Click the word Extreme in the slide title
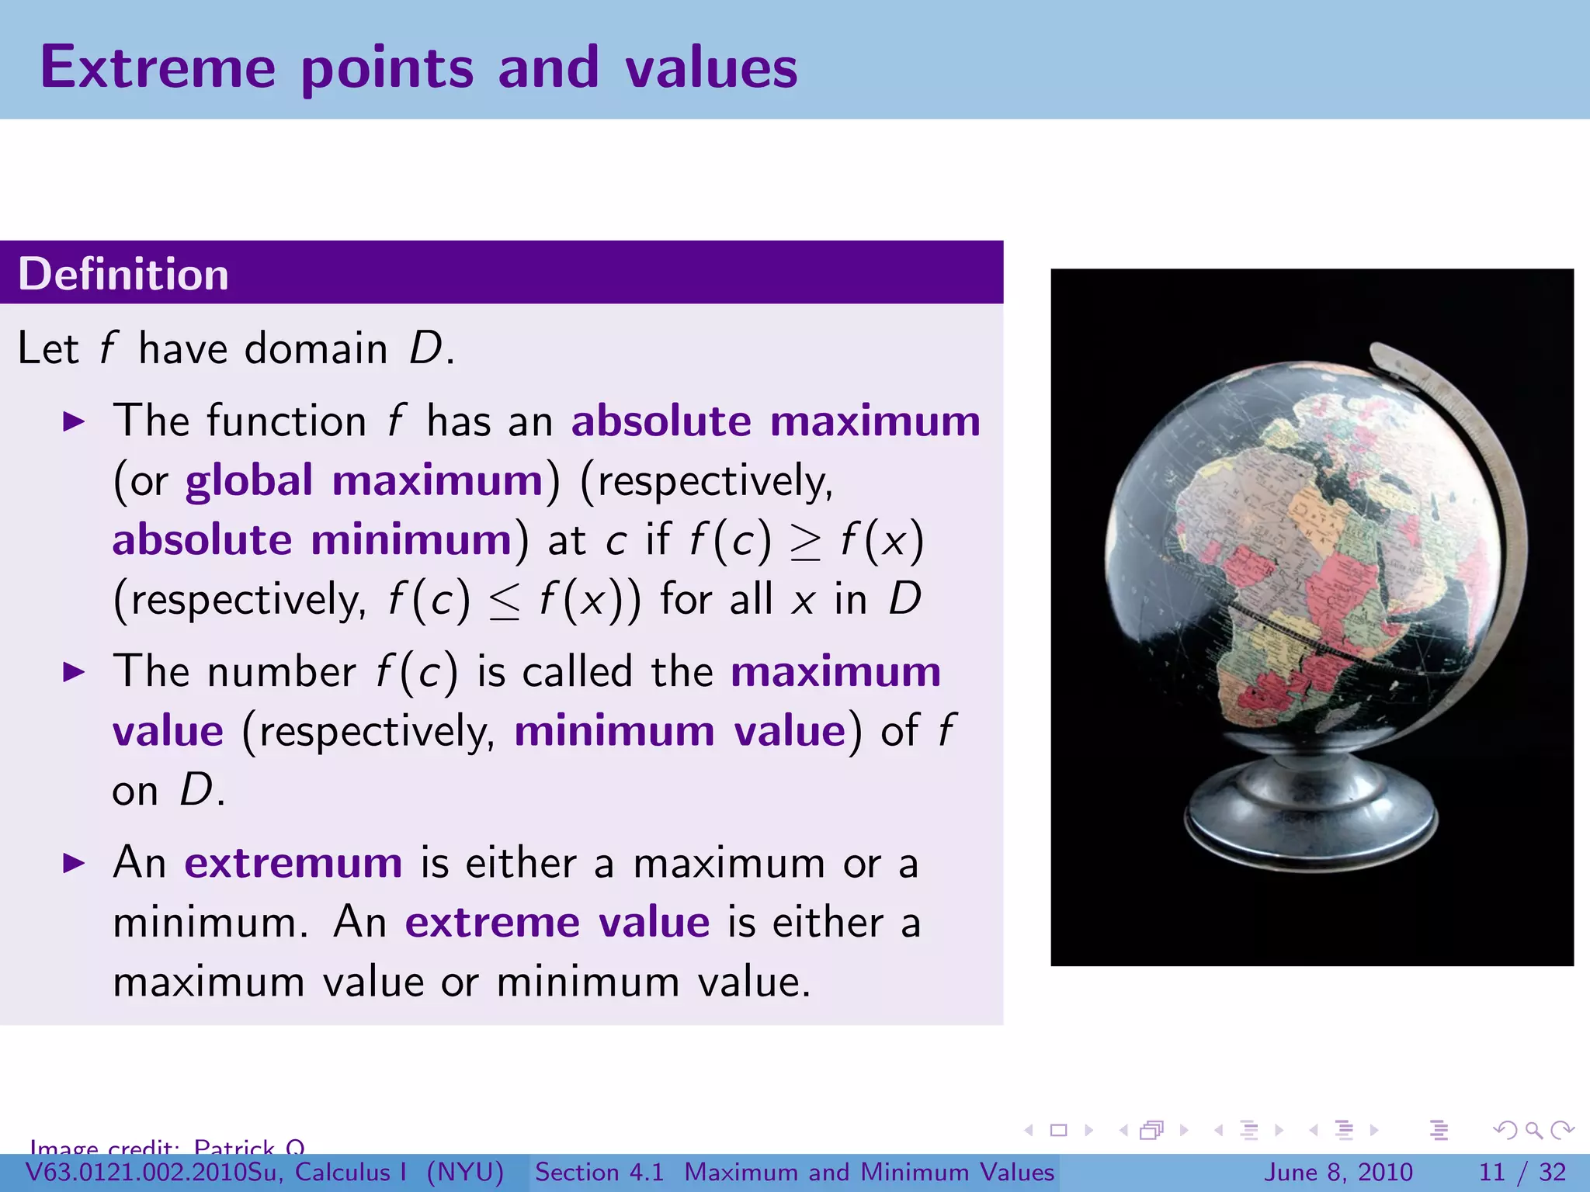(158, 68)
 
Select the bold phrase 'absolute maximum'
(776, 421)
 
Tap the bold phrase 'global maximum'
(363, 480)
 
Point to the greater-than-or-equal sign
(805, 542)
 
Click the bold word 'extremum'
(293, 862)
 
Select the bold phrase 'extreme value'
(557, 922)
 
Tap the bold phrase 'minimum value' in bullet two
(679, 731)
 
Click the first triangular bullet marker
(74, 422)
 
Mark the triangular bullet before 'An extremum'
(74, 863)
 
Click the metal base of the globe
(1311, 807)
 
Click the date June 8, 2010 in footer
(1339, 1172)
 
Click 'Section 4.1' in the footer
(599, 1172)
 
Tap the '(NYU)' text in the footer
(465, 1172)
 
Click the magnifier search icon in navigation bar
(1533, 1130)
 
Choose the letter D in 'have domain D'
(425, 348)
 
